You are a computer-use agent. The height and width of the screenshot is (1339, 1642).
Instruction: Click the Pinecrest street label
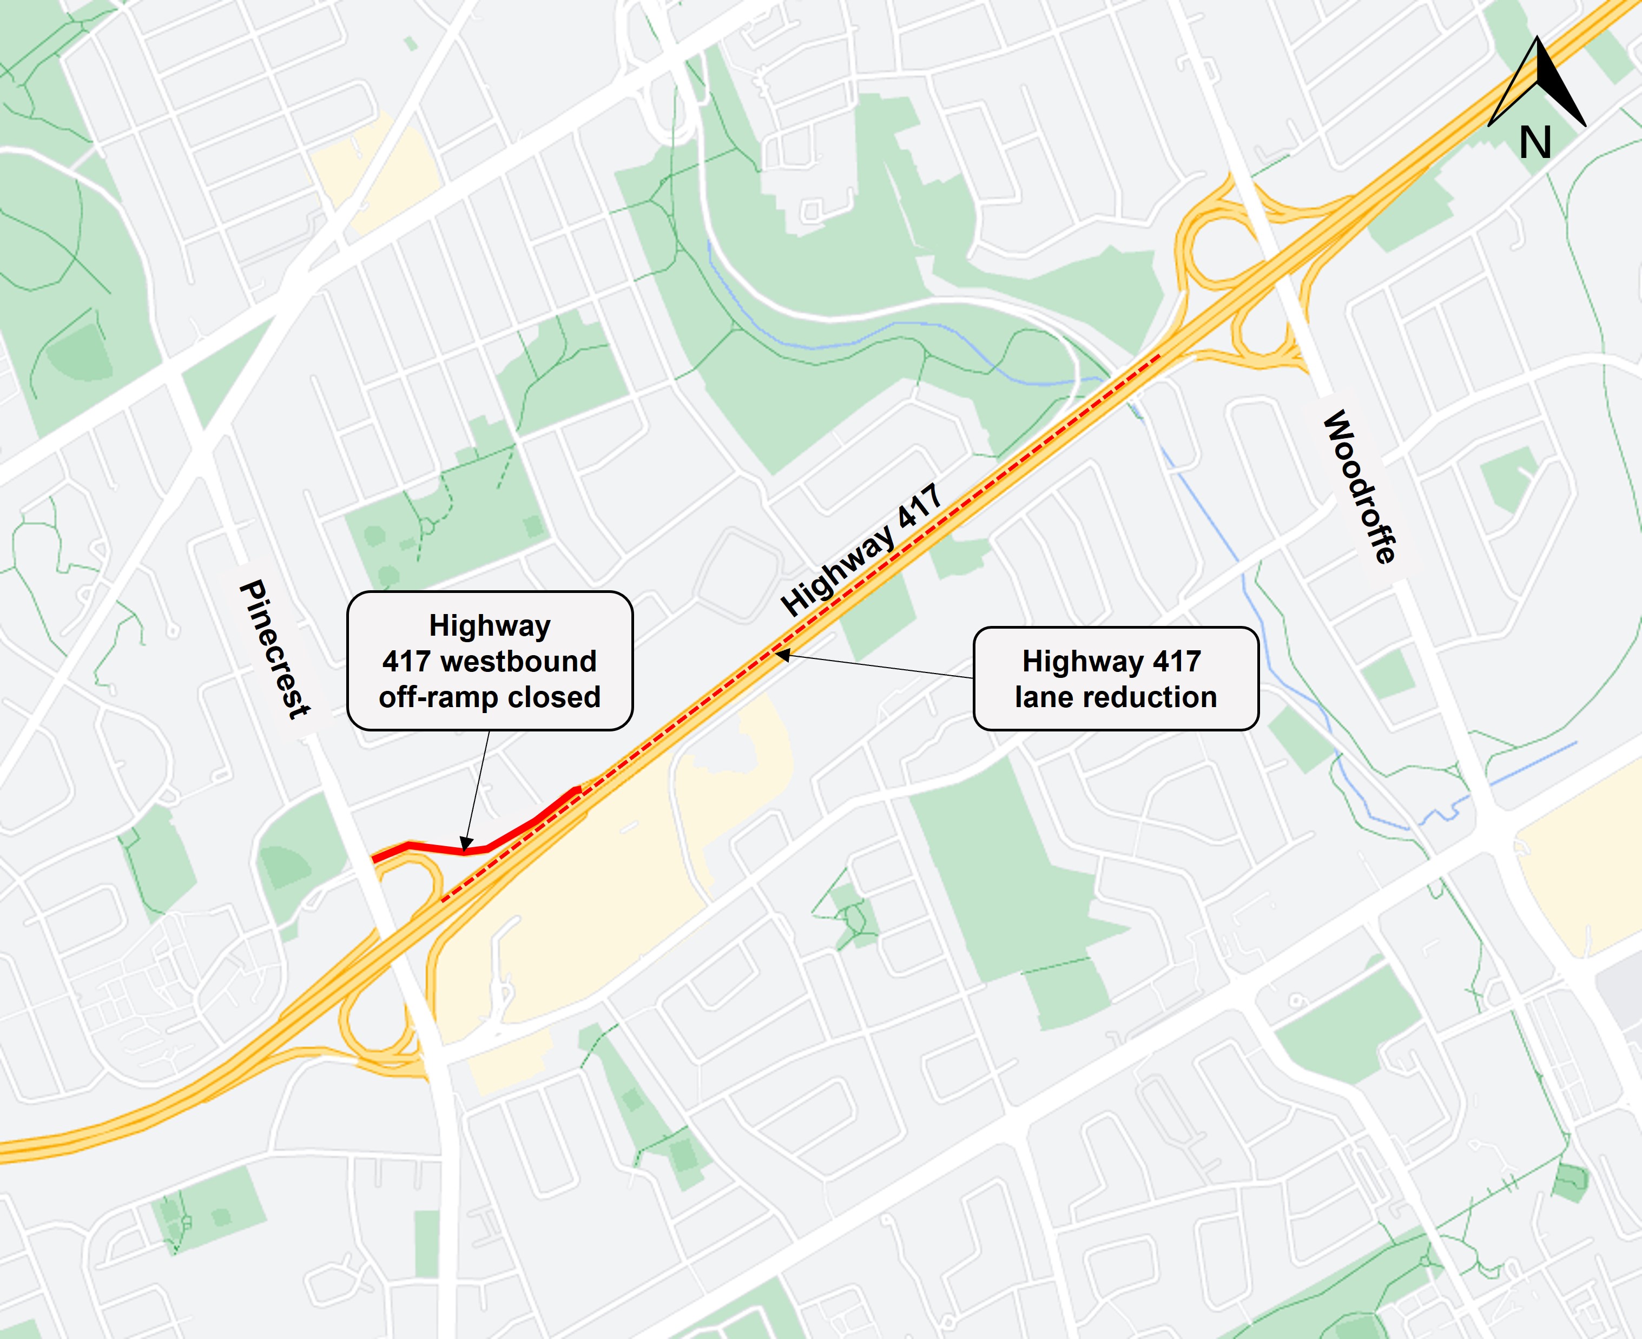point(274,650)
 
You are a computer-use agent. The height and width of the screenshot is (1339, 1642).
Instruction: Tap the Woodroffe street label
point(1360,487)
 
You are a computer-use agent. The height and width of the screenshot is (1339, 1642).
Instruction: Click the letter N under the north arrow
point(1535,143)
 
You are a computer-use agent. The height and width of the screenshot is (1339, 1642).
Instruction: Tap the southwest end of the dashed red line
point(443,900)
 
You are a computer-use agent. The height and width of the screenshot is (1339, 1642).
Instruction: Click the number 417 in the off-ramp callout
point(406,661)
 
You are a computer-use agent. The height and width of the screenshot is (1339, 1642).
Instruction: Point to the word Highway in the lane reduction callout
point(1073,661)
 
